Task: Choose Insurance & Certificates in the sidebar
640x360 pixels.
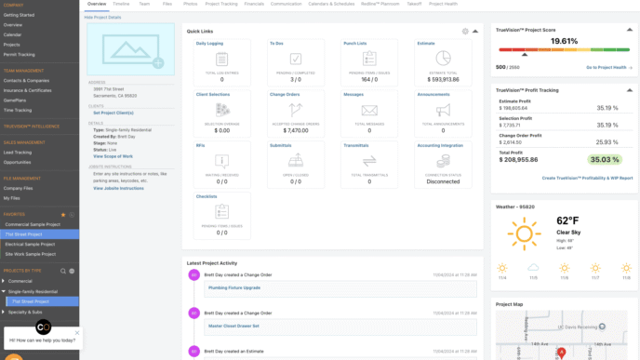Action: click(x=27, y=89)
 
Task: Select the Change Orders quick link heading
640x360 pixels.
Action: click(x=286, y=94)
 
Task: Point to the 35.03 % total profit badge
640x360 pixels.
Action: click(x=611, y=160)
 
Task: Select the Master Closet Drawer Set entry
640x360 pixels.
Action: click(x=234, y=327)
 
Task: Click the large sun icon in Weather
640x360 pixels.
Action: click(x=524, y=234)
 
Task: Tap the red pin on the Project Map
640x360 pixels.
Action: click(x=561, y=352)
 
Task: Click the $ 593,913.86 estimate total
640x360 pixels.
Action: click(x=436, y=78)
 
